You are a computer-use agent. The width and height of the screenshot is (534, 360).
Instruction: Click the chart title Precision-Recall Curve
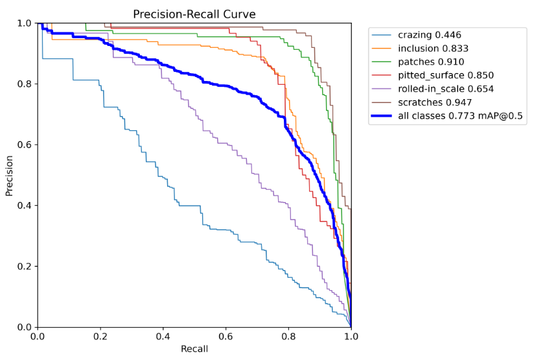coord(194,14)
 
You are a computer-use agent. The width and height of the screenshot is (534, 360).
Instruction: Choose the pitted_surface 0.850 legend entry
coord(448,76)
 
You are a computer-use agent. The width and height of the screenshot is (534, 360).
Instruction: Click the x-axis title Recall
coord(194,349)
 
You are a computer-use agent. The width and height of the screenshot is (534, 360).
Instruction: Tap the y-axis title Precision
coord(9,175)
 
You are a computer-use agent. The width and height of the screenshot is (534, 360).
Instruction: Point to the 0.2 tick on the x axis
coord(100,337)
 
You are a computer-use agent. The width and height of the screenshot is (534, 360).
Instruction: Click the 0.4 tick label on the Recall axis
coord(163,337)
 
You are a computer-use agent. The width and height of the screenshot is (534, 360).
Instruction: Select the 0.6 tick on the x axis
coord(226,337)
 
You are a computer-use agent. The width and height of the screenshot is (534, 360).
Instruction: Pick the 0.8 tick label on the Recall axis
coord(288,337)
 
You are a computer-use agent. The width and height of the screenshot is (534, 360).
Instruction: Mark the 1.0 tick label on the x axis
coord(351,337)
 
